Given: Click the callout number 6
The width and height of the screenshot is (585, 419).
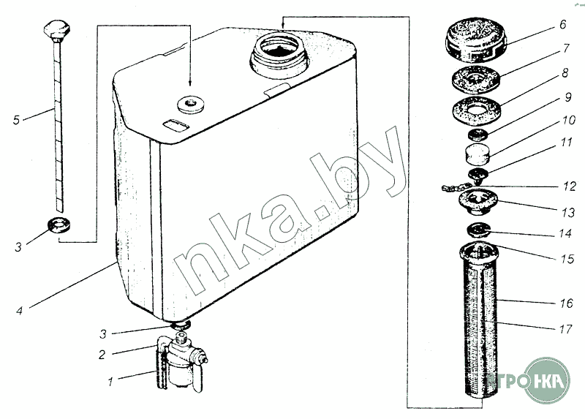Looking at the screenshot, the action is point(562,25).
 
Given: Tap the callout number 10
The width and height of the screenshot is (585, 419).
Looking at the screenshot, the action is point(569,120).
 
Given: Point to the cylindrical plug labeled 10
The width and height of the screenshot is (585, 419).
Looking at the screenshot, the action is point(477,154).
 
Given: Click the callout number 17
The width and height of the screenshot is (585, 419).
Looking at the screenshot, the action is point(565,329).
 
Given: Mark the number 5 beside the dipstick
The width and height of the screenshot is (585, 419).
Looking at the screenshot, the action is point(16,120).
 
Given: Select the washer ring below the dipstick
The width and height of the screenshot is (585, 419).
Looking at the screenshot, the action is point(60,225).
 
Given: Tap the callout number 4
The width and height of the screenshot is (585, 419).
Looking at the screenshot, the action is point(20,311).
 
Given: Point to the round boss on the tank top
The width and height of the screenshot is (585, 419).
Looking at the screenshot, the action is point(191,104).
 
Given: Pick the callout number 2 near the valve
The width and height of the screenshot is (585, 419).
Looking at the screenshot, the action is point(102,355).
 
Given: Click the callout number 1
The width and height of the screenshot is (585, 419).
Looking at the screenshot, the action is point(110,382).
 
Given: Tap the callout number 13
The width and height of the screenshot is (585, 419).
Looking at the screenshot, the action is point(569,213).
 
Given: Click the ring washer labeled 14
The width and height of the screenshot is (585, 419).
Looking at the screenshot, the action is point(478,230).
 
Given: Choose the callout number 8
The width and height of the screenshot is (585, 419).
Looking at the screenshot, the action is point(565,72).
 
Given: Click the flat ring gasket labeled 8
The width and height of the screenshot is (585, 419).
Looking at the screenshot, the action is point(476,111).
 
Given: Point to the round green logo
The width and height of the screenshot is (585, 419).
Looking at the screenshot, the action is point(546,381).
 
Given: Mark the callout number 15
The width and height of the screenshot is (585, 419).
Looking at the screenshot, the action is point(567,259).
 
